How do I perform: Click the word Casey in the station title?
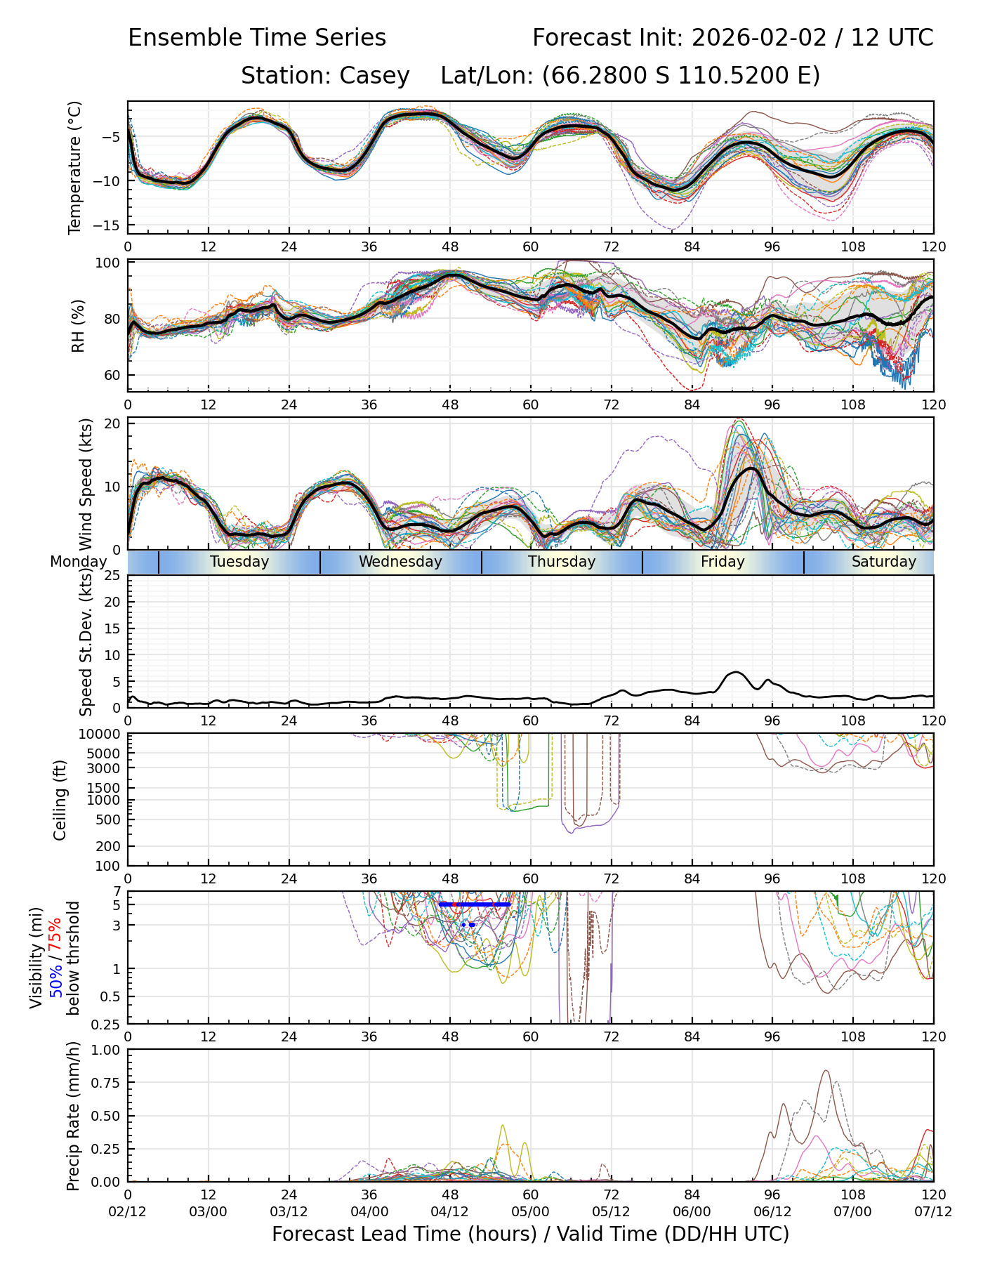(x=374, y=76)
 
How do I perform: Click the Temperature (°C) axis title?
(x=74, y=167)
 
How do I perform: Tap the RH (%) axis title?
(x=77, y=326)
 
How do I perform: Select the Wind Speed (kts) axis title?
(x=86, y=484)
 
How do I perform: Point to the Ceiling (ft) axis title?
(x=60, y=800)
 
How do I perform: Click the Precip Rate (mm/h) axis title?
(x=73, y=1116)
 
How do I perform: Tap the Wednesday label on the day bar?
(x=400, y=562)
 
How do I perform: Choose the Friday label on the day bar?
(x=723, y=562)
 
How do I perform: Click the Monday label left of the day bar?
(x=78, y=562)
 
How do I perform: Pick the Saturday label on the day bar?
(x=883, y=562)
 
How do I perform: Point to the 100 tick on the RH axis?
(x=108, y=263)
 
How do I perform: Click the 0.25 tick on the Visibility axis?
(x=108, y=1024)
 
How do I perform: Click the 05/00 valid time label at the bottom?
(x=530, y=1212)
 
